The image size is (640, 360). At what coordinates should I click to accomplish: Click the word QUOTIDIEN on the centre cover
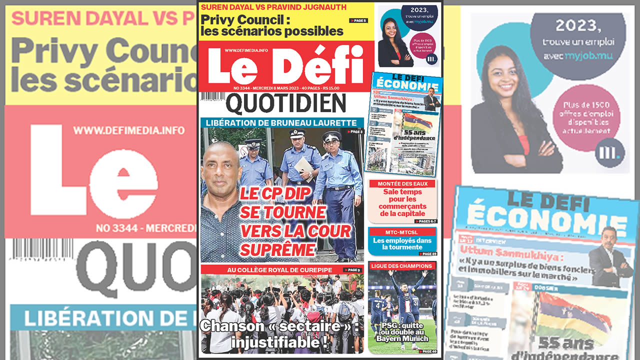pos(285,104)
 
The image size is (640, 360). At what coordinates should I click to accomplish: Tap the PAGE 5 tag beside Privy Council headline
pos(358,20)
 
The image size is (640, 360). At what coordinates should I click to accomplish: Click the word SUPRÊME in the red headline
pos(277,249)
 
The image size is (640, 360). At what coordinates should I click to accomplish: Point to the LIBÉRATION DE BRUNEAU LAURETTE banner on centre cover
pos(282,123)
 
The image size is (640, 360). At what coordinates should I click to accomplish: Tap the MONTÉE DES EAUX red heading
pos(402,184)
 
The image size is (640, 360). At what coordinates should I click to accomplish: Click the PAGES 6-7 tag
pos(425,221)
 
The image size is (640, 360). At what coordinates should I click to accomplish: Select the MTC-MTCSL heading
pos(402,232)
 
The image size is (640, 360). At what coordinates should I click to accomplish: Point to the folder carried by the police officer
pos(303,169)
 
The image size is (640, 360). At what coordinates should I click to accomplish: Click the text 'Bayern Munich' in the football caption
pos(402,339)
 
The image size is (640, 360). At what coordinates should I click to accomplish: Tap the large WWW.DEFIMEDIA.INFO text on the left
pos(129,130)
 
